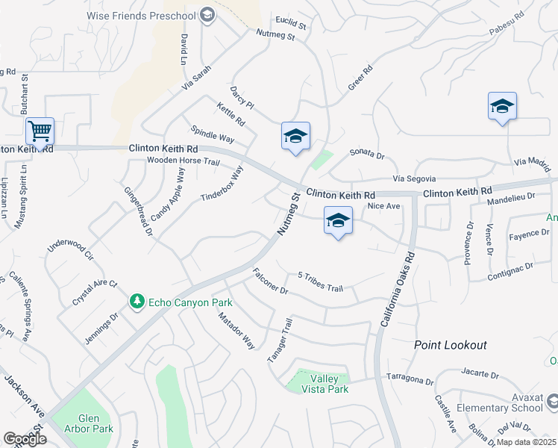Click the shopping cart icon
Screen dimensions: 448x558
(40, 131)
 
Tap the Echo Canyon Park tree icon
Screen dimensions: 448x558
(137, 302)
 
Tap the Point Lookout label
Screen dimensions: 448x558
(451, 345)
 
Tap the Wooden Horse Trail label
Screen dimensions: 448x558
(184, 161)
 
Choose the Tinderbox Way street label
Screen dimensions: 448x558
(222, 184)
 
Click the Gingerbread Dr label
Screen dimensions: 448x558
(138, 212)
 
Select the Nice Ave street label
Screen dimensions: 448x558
(384, 205)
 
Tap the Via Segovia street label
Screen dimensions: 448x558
(414, 178)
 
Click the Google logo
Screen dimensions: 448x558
(25, 439)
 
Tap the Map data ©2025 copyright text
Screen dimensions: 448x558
(527, 442)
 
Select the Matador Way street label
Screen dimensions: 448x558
(236, 331)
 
